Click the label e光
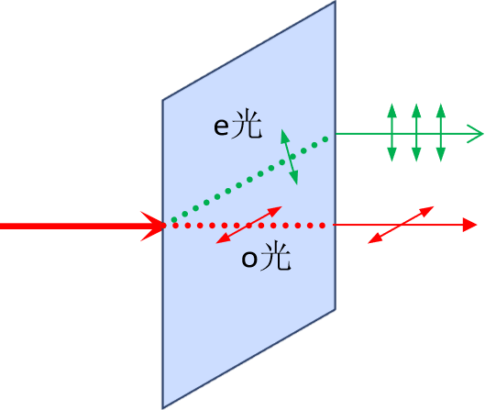[237, 124]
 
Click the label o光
[266, 256]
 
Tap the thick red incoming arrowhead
[153, 227]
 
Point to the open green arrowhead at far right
[475, 134]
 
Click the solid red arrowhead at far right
[469, 225]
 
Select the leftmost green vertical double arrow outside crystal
[391, 132]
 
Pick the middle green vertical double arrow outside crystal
[416, 132]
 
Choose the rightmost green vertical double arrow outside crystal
[441, 132]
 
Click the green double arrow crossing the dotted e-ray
[289, 157]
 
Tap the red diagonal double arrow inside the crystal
[249, 225]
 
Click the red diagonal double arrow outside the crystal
[401, 225]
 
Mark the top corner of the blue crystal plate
[336, 1]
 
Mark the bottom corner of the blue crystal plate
[162, 408]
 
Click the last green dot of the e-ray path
[325, 139]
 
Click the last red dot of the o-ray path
[323, 226]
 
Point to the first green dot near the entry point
[174, 220]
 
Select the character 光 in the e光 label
[247, 124]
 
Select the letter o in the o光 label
[249, 259]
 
